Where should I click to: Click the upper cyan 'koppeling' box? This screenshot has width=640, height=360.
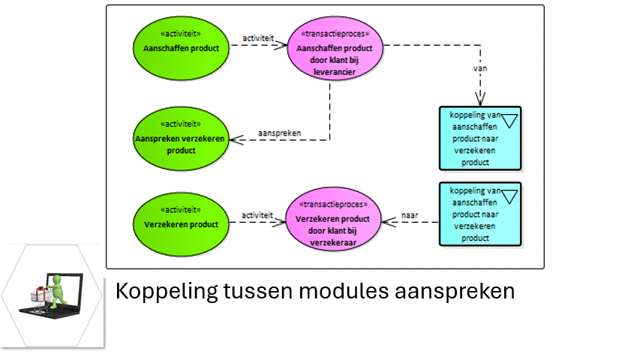tap(480, 138)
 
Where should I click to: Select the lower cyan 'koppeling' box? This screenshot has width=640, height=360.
tap(480, 214)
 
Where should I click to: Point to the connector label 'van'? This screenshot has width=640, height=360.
tap(480, 67)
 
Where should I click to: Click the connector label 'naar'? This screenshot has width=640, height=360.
tap(410, 215)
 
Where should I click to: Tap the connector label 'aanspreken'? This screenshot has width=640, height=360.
tap(279, 133)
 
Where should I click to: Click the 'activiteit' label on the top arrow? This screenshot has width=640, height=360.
tap(257, 37)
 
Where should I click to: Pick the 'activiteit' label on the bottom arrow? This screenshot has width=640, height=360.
tap(257, 215)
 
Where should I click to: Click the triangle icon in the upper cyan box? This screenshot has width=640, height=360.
tap(510, 118)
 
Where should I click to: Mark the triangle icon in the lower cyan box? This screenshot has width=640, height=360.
tap(510, 196)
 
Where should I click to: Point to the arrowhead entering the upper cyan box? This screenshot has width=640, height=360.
tap(480, 100)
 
